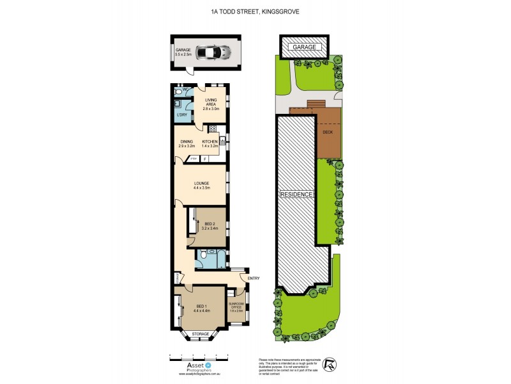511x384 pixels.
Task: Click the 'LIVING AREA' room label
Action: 211,104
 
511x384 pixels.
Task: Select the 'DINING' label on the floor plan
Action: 186,143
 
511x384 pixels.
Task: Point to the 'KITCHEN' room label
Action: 210,143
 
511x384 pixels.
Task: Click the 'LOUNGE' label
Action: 202,185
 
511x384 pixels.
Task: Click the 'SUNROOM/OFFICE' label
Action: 238,307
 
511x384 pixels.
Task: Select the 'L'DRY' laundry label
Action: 181,115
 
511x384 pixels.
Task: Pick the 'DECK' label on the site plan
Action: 328,132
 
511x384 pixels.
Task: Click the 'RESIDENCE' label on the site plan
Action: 296,194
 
